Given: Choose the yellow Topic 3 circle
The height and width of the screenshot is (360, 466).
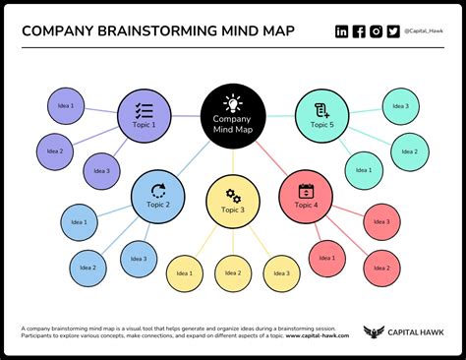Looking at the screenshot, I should pyautogui.click(x=233, y=201).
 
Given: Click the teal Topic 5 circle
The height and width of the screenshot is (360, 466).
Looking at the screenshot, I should pyautogui.click(x=322, y=116).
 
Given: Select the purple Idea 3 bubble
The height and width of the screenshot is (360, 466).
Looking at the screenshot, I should pyautogui.click(x=102, y=171).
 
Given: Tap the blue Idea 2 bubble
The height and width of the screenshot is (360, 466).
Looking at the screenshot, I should pyautogui.click(x=87, y=268).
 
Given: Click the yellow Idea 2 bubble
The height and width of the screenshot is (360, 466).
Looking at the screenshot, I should pyautogui.click(x=233, y=272).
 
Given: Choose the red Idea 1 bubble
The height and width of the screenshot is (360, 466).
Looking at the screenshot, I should pyautogui.click(x=327, y=259).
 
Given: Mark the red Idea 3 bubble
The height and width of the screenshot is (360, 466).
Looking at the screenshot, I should pyautogui.click(x=381, y=222).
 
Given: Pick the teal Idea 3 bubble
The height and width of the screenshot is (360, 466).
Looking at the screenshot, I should pyautogui.click(x=400, y=106).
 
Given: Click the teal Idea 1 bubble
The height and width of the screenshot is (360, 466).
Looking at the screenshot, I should pyautogui.click(x=364, y=170).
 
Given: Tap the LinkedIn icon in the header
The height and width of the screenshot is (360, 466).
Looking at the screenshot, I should pyautogui.click(x=341, y=31).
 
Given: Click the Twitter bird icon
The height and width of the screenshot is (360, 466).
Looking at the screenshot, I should pyautogui.click(x=393, y=31).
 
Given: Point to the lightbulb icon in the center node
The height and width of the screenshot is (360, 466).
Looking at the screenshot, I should pyautogui.click(x=232, y=101).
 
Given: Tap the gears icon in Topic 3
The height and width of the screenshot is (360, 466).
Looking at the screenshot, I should pyautogui.click(x=233, y=194).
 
